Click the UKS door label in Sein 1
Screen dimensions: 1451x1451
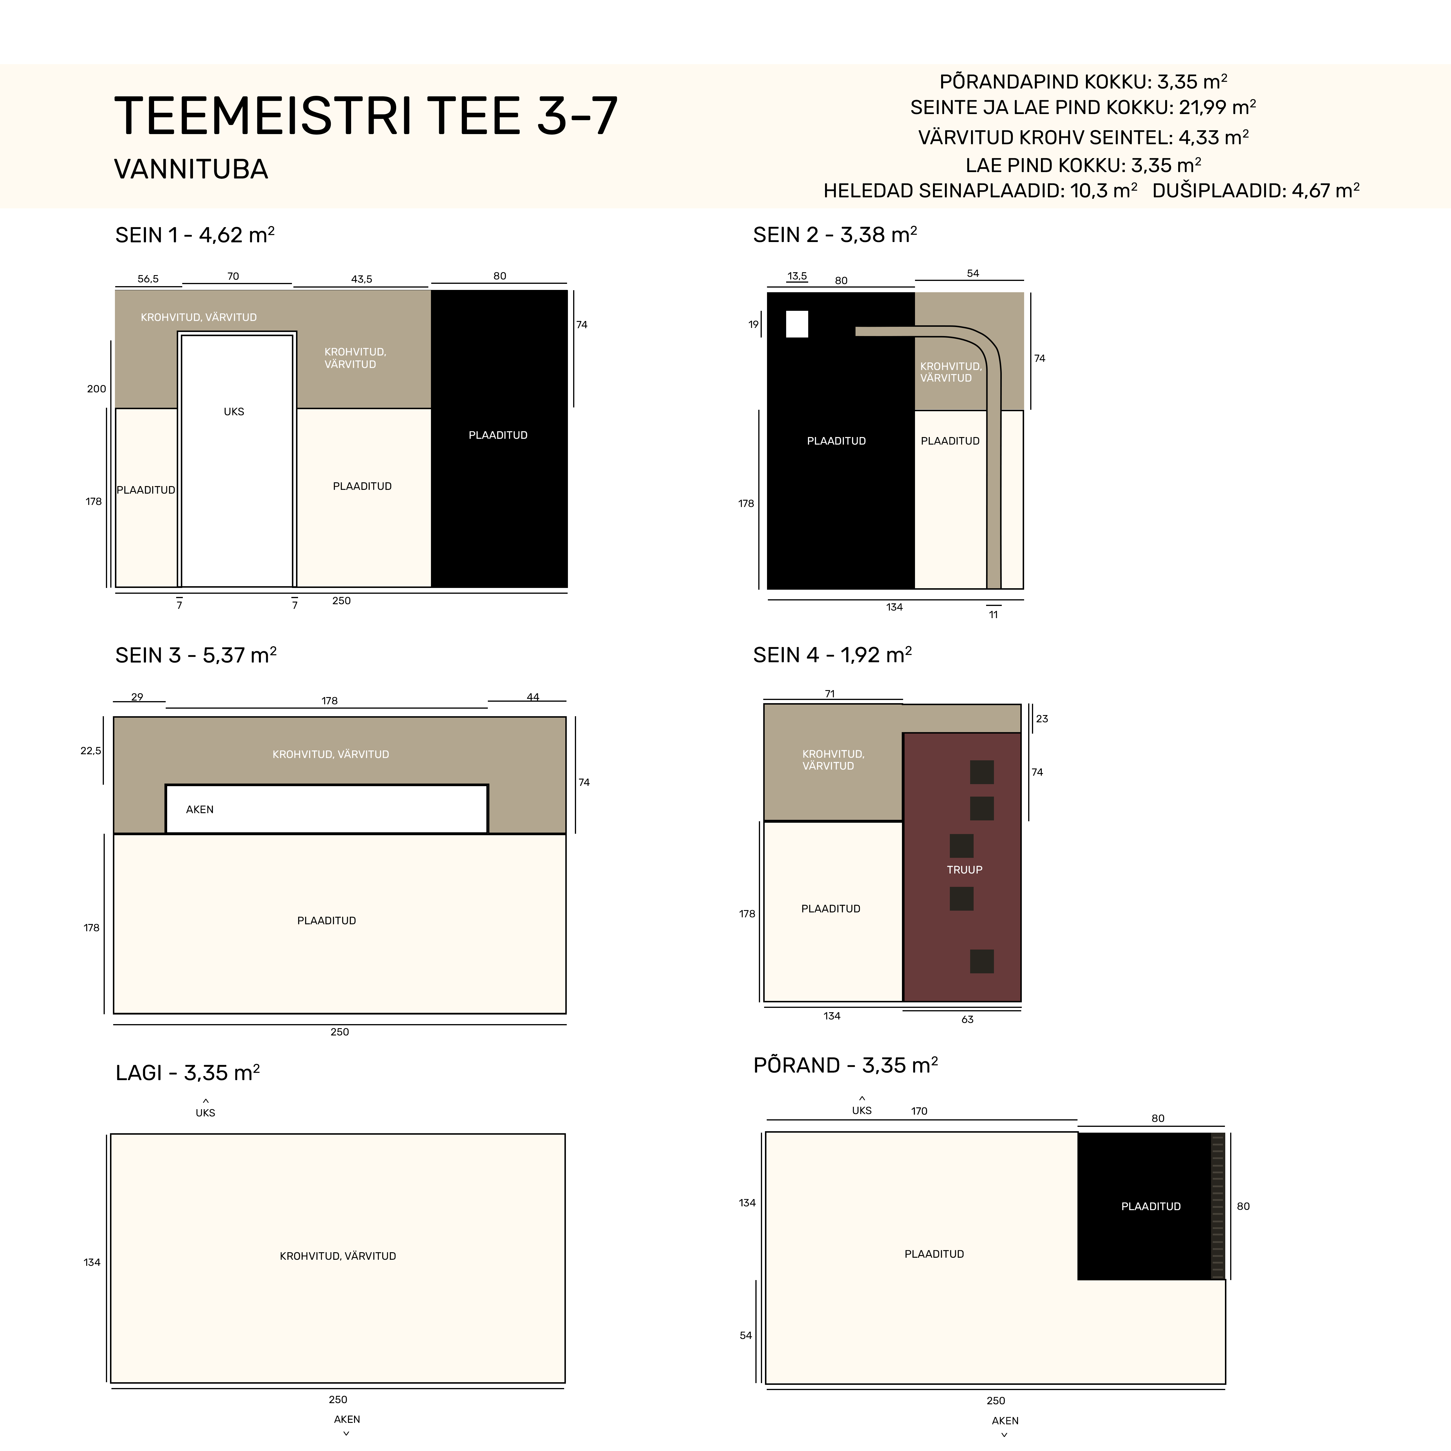234,412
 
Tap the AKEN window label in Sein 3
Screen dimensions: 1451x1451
200,810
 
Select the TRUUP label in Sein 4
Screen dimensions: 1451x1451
964,870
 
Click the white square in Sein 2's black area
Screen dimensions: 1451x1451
797,324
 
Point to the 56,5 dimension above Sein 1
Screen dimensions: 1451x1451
148,279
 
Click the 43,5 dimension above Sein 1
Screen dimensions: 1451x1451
361,279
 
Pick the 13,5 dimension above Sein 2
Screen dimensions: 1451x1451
797,276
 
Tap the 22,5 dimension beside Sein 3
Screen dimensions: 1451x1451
91,750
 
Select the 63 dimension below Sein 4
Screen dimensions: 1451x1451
967,1019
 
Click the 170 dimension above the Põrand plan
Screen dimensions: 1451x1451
919,1111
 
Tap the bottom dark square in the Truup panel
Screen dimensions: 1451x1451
982,961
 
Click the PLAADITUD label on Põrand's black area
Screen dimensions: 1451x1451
1151,1206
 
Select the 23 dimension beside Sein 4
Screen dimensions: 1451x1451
1042,719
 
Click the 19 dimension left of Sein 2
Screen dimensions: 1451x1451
753,324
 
